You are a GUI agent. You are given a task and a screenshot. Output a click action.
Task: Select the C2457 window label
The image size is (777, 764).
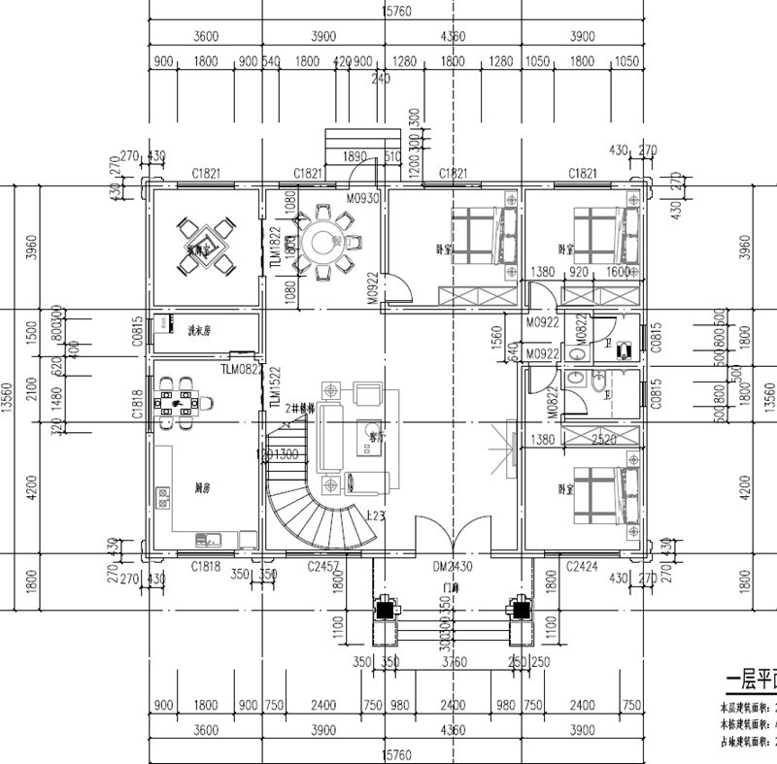[x=323, y=565]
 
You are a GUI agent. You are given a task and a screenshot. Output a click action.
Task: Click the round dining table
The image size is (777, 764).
[x=320, y=239]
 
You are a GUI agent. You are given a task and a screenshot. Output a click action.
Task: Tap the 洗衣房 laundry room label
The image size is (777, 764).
[x=198, y=331]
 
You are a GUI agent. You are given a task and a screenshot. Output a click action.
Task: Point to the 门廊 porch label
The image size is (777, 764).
[x=450, y=588]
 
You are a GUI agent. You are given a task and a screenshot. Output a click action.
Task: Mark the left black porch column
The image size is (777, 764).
[x=385, y=610]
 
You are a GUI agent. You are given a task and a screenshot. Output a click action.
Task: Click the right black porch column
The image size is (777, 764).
[x=522, y=610]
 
